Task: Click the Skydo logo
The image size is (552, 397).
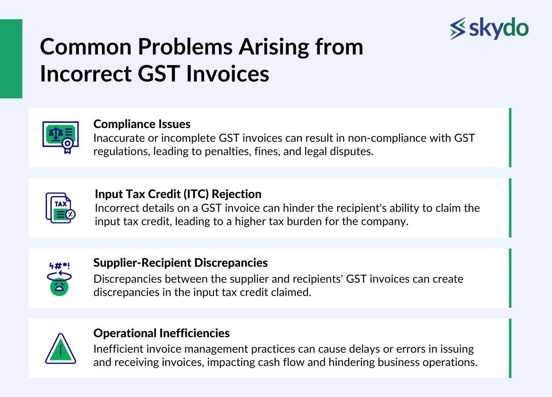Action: click(x=489, y=28)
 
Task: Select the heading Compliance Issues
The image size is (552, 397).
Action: click(x=142, y=124)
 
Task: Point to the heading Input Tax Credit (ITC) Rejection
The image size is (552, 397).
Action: click(x=178, y=194)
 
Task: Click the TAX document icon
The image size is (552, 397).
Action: click(x=60, y=208)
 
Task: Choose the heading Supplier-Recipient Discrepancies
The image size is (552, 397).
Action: click(x=180, y=263)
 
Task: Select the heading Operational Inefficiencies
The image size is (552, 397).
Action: click(x=161, y=333)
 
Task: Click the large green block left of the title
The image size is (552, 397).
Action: click(x=11, y=58)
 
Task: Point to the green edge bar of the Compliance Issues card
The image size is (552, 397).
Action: click(x=510, y=137)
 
